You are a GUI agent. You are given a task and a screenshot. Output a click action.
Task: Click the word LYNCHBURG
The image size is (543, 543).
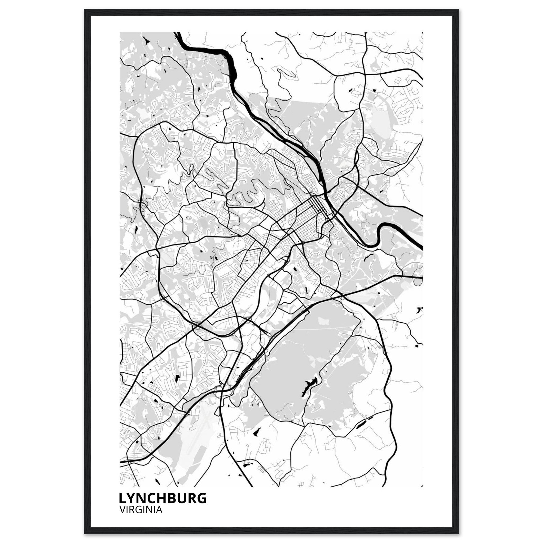click(x=163, y=498)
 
